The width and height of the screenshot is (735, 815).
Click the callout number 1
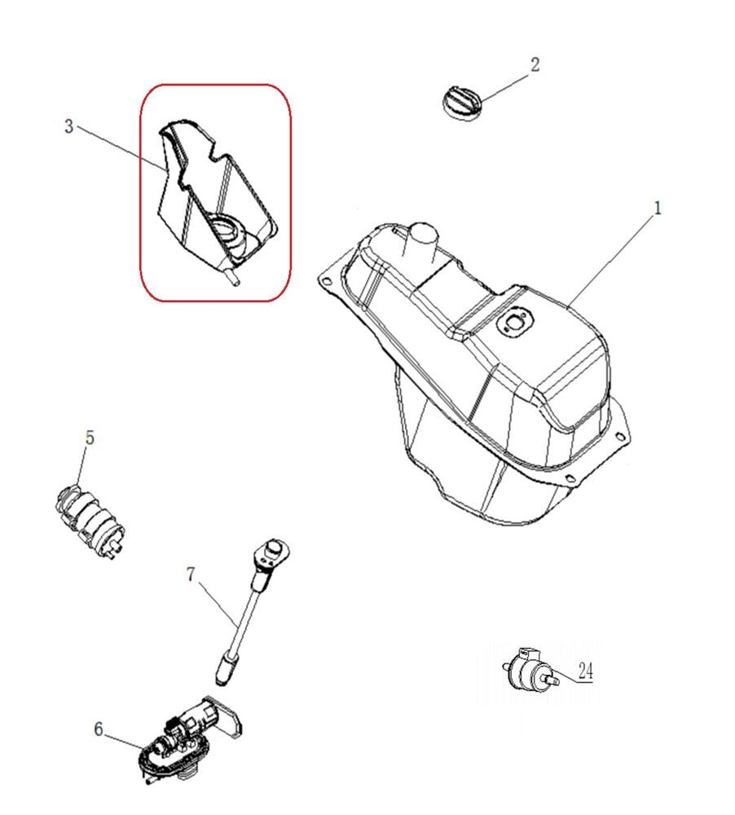click(x=658, y=209)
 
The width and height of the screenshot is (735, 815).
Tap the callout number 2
click(x=535, y=65)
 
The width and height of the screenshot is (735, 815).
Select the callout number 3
click(x=69, y=126)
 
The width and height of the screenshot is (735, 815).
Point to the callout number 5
click(x=90, y=438)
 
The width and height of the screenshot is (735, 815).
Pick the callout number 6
click(x=99, y=729)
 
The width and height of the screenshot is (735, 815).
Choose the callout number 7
click(x=191, y=575)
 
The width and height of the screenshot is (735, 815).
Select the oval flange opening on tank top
click(x=514, y=321)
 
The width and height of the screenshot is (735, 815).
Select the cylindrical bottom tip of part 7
click(x=223, y=669)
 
